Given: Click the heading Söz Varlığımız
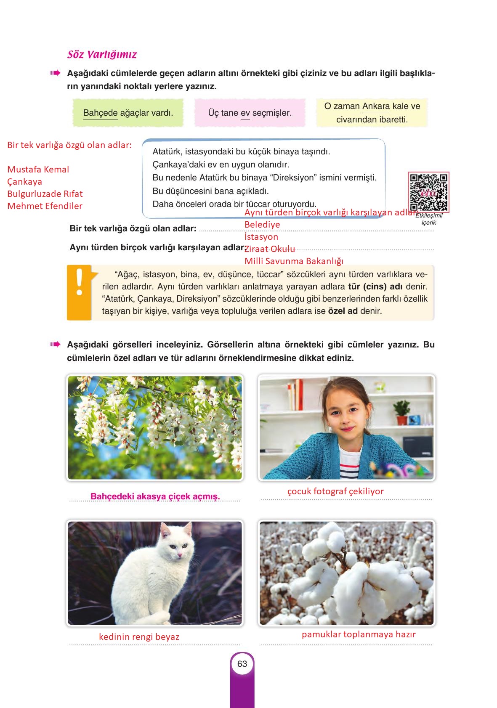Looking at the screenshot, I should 102,55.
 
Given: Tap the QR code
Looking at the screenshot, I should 429,192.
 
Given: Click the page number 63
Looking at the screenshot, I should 242,664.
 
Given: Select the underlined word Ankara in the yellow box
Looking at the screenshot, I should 376,106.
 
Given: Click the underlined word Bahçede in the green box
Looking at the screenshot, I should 100,113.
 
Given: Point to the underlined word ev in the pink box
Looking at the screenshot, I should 245,113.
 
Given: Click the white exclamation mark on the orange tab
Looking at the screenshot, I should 79,282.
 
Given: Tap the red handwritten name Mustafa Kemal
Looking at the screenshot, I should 38,170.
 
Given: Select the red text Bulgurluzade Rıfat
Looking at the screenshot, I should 45,194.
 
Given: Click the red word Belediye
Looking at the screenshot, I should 262,225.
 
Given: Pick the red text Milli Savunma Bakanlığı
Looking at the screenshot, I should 294,261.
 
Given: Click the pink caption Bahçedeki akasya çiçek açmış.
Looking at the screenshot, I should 155,496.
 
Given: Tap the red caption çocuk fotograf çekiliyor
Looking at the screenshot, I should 335,491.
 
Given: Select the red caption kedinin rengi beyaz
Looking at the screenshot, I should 139,637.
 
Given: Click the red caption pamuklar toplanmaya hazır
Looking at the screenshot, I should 359,634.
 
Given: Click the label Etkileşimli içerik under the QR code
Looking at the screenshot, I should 429,219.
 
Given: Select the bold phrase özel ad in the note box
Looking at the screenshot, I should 343,312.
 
